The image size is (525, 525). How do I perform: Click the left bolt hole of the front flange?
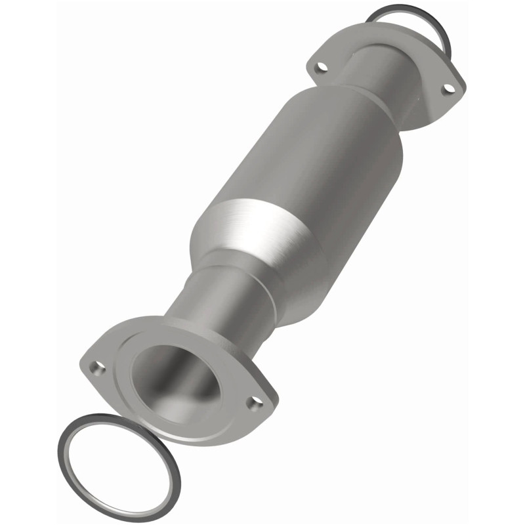(97, 368)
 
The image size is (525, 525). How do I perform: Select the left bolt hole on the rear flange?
(320, 66)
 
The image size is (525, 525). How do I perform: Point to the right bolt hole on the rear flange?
(449, 88)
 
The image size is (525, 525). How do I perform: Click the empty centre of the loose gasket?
(118, 466)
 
